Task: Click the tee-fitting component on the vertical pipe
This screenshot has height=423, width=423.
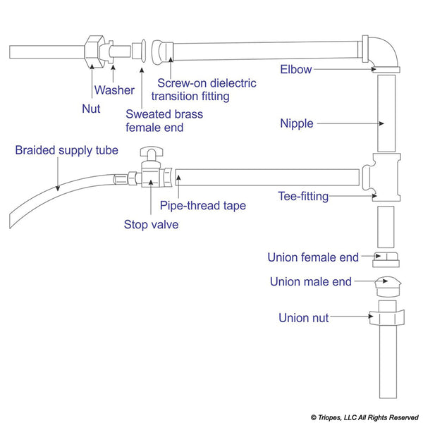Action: click(380, 177)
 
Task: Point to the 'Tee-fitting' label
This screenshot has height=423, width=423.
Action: click(302, 196)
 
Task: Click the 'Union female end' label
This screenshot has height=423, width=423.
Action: click(312, 257)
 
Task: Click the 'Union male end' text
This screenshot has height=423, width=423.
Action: click(310, 282)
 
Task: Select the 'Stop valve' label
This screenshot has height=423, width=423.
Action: click(151, 225)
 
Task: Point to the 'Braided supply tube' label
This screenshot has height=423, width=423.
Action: click(66, 150)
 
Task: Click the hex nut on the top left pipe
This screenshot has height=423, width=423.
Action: click(94, 51)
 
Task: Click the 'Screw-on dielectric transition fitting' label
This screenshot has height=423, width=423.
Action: click(207, 90)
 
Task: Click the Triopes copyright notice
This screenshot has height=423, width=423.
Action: click(363, 417)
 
